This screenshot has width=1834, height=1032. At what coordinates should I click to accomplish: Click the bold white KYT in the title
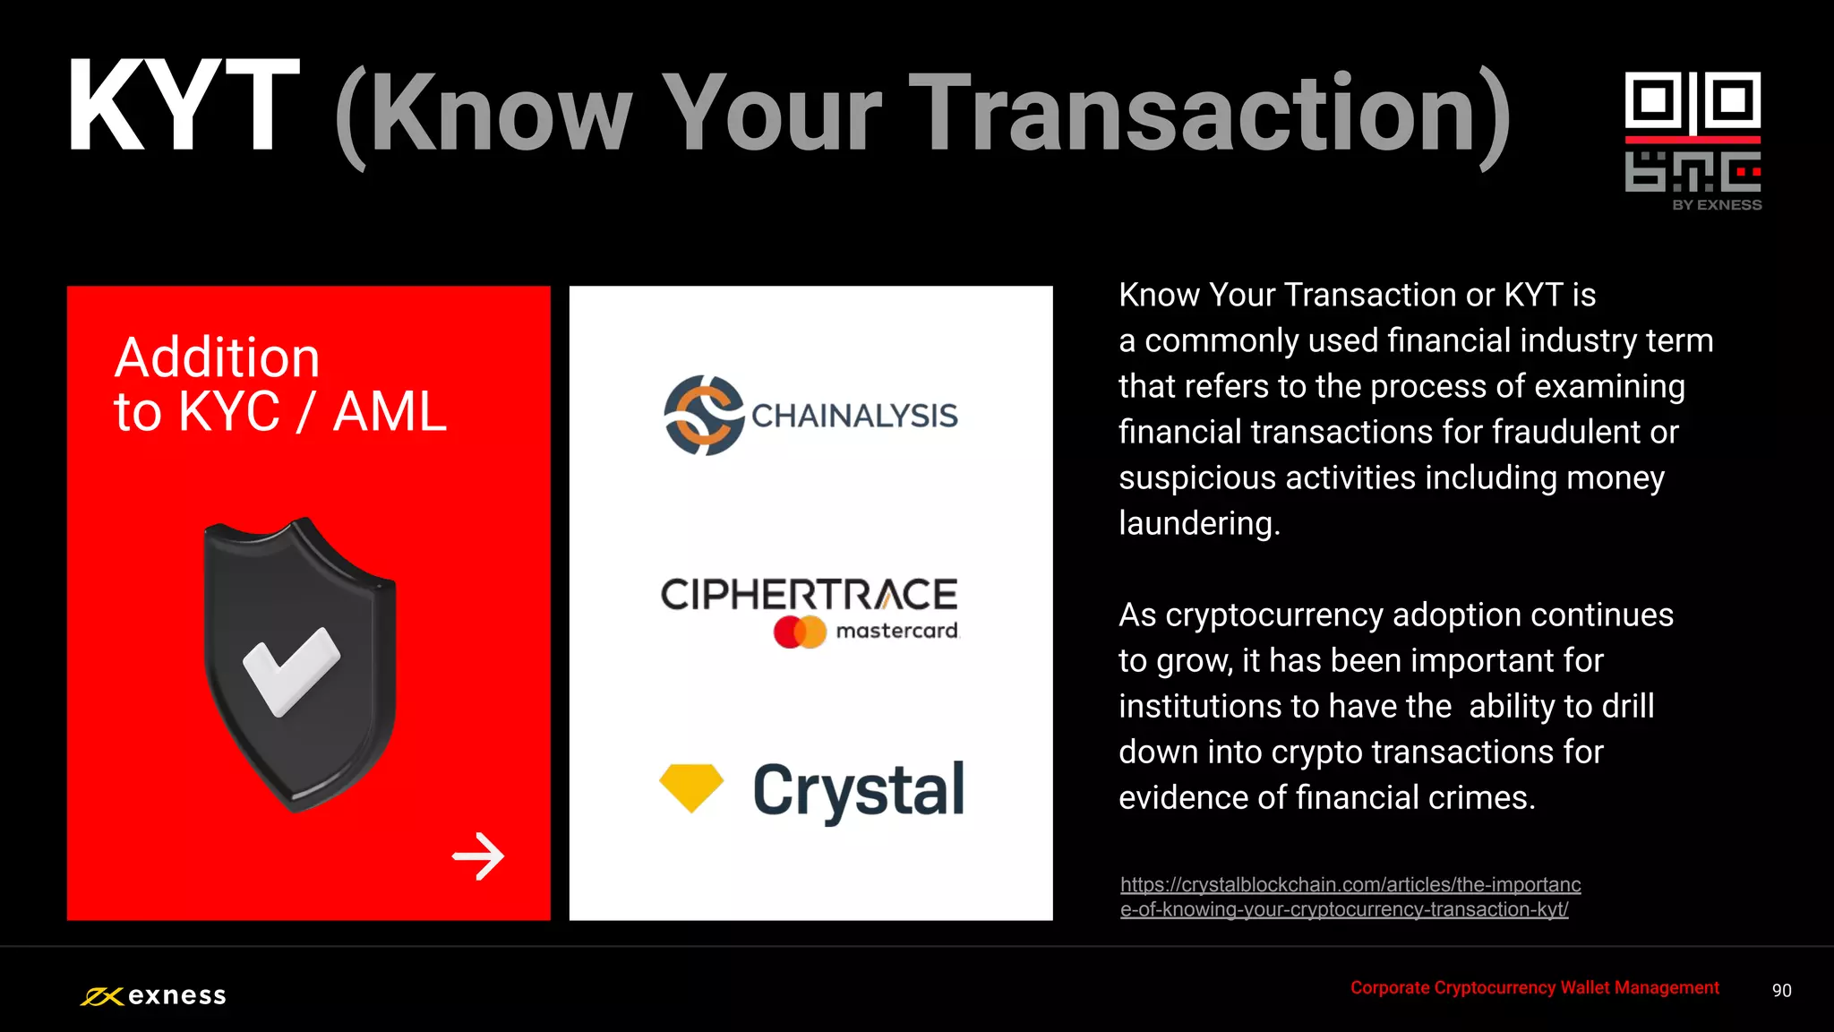[184, 107]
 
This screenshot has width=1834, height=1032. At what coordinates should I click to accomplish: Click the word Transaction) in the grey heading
[1209, 115]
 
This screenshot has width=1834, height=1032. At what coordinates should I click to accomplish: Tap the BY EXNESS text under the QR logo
[1716, 205]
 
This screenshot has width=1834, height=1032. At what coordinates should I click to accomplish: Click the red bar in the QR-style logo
[1693, 140]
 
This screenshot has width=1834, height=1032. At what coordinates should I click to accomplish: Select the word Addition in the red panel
[218, 358]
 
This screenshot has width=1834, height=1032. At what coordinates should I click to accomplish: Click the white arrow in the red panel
[478, 856]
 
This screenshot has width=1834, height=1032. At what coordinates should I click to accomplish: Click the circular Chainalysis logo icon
[704, 416]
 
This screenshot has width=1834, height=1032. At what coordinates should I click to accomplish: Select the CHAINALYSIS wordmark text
[854, 417]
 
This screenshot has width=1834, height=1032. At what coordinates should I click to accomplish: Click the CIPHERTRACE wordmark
[809, 595]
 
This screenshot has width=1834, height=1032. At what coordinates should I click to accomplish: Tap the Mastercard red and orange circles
[800, 632]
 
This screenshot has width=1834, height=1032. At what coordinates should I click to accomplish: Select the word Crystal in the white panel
[858, 790]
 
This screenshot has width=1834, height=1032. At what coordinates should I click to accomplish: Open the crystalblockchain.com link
[1350, 897]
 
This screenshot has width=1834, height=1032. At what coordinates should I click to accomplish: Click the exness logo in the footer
[153, 996]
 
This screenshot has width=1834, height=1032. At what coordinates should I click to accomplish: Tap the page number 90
[1781, 991]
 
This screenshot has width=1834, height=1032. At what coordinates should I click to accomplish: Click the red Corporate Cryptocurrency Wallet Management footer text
[1534, 988]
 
